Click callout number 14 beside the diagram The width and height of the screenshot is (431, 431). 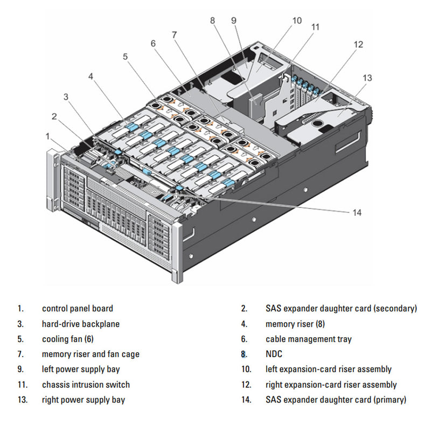[x=357, y=212]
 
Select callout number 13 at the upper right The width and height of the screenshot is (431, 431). [x=367, y=78]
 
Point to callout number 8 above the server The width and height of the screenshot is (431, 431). [x=213, y=20]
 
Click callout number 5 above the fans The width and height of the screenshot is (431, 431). [x=126, y=55]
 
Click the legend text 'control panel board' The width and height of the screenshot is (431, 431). [x=78, y=309]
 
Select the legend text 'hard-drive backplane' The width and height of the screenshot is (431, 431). [x=81, y=324]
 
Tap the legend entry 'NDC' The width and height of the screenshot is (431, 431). [x=274, y=354]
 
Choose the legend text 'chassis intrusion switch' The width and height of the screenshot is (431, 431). [x=86, y=385]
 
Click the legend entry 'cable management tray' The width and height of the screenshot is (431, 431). [x=308, y=339]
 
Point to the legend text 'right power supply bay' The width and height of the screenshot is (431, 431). [x=84, y=400]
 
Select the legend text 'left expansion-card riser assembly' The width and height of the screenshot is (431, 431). [x=328, y=369]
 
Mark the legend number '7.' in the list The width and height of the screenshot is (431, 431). [x=20, y=354]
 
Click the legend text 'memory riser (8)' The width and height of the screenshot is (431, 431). [x=295, y=324]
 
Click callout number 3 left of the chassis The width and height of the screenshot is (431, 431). [x=66, y=97]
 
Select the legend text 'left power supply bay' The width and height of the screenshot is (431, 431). [x=81, y=369]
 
